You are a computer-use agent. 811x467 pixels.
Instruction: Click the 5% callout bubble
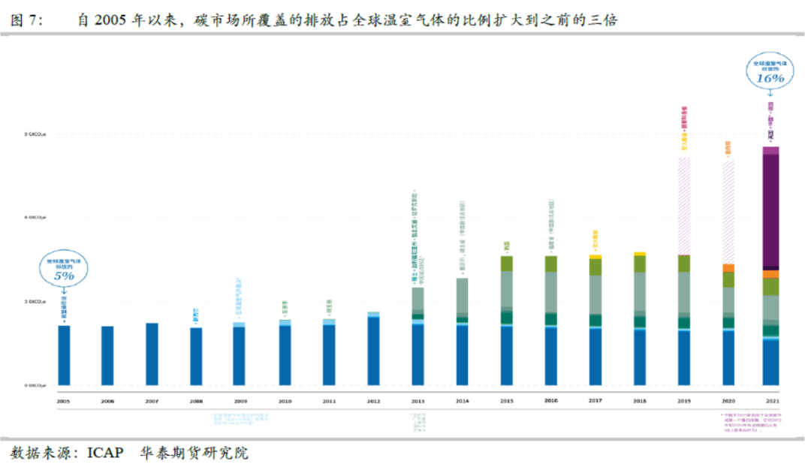pos(64,269)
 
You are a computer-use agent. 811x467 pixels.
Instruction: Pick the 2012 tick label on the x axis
pos(372,402)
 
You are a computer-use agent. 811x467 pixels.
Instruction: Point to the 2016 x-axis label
pos(550,402)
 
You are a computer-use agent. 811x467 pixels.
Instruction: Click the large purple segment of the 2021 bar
pos(770,210)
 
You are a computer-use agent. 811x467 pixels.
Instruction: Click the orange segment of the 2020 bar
pos(728,268)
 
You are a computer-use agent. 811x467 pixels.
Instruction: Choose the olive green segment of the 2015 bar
pos(506,264)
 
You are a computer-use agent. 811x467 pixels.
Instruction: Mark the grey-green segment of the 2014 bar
pos(462,295)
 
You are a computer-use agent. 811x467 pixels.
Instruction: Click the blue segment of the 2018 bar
pos(639,357)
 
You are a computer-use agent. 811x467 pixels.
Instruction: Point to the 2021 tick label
pos(770,402)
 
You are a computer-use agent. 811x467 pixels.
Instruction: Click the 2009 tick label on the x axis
pos(240,402)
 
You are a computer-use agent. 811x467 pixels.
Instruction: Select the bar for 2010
pos(284,354)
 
